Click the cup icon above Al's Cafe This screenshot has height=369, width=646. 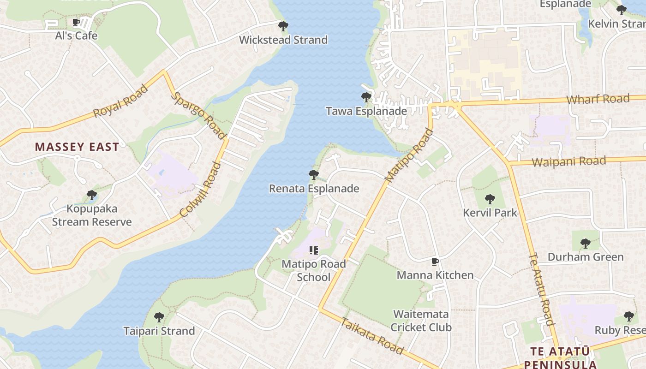77,23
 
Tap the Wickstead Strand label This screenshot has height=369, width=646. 283,40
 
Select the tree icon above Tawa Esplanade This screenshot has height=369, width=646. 366,97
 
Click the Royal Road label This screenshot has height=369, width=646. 120,101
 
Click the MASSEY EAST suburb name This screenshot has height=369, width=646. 77,147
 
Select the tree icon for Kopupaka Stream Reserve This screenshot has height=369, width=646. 92,195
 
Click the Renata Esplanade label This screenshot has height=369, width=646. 314,189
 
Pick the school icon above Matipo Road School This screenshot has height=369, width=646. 314,250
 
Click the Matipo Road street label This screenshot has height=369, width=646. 409,156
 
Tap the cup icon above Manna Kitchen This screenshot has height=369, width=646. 435,262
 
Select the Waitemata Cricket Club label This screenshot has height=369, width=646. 421,321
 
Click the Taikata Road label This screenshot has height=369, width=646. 372,336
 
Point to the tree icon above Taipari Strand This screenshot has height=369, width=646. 159,317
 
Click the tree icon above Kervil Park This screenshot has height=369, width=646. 490,199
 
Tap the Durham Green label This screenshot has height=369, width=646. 585,257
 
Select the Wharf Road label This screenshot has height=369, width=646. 598,99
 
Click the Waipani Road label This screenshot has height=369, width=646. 568,162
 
